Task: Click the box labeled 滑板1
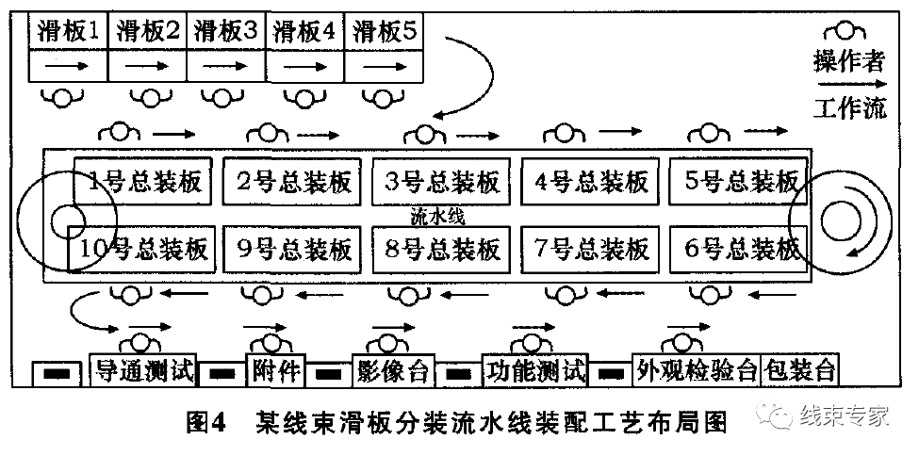coord(69,31)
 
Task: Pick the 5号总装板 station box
coord(740,181)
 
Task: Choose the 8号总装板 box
coord(442,249)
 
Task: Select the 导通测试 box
coord(142,370)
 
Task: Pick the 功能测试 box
coord(534,370)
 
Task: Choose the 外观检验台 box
coord(697,370)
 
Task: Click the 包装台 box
coord(801,370)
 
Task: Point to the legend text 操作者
coord(849,62)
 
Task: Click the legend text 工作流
coord(849,108)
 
